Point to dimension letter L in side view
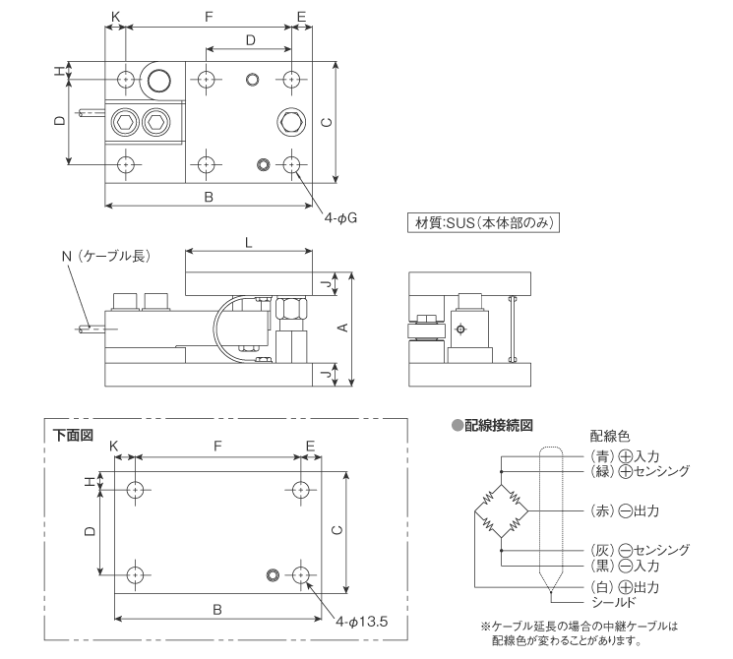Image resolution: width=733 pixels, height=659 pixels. pos(248,241)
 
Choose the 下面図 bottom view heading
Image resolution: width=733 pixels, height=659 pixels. pos(74,433)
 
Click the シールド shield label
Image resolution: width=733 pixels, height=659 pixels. pos(610,601)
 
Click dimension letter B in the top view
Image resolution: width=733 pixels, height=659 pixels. pos(209,197)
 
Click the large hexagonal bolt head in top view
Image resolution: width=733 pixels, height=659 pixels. pos(291,121)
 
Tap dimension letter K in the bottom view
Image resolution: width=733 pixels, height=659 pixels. pos(115,446)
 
